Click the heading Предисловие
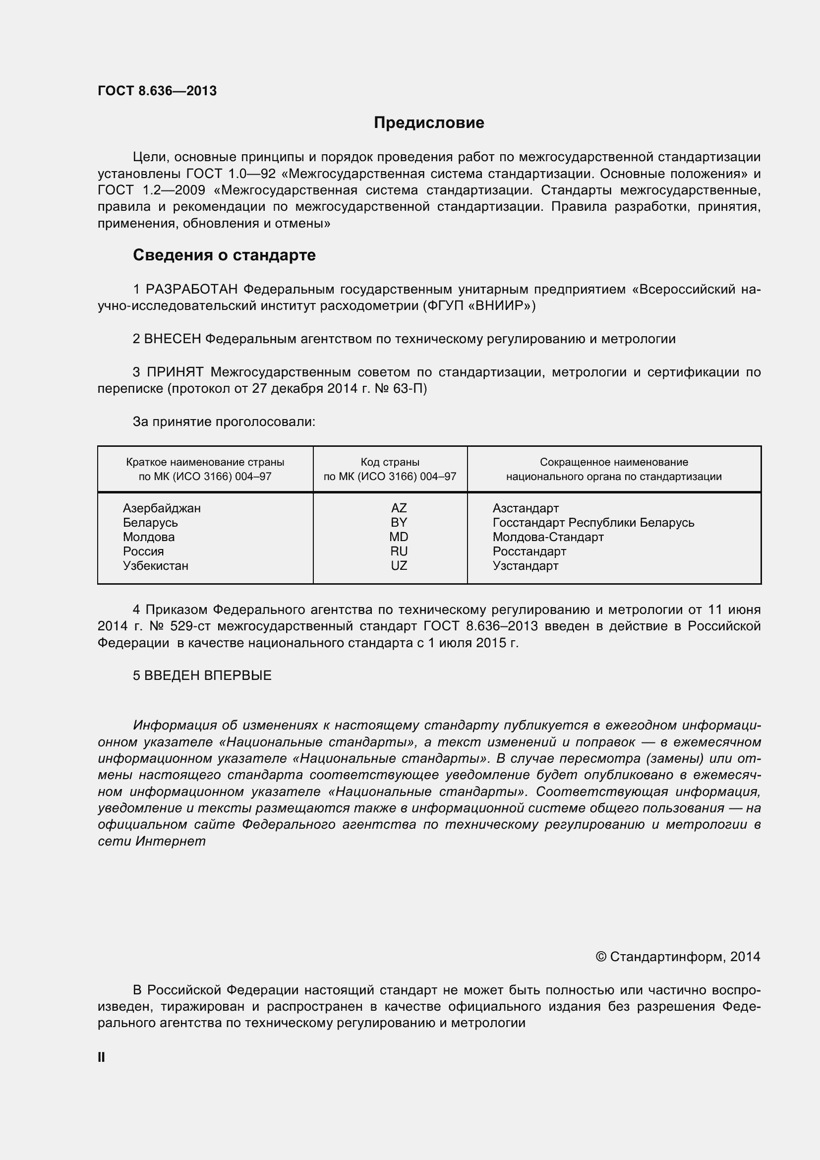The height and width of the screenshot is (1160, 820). point(429,123)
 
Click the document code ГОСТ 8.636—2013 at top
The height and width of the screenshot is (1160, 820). point(157,91)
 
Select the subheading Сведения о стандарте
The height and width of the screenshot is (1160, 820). point(224,255)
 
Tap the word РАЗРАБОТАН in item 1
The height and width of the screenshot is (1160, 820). point(191,290)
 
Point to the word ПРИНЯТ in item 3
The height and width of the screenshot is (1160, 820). point(175,372)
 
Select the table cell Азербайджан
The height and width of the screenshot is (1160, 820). point(162,508)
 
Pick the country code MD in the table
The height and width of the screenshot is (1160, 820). point(399,537)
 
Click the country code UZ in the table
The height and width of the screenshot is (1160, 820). point(399,566)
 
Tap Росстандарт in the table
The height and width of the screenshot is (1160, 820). point(529,551)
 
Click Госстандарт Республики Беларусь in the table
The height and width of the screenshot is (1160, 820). point(593,523)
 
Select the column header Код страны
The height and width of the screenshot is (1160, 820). point(390,462)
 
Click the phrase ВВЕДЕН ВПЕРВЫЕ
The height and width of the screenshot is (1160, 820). point(208,676)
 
